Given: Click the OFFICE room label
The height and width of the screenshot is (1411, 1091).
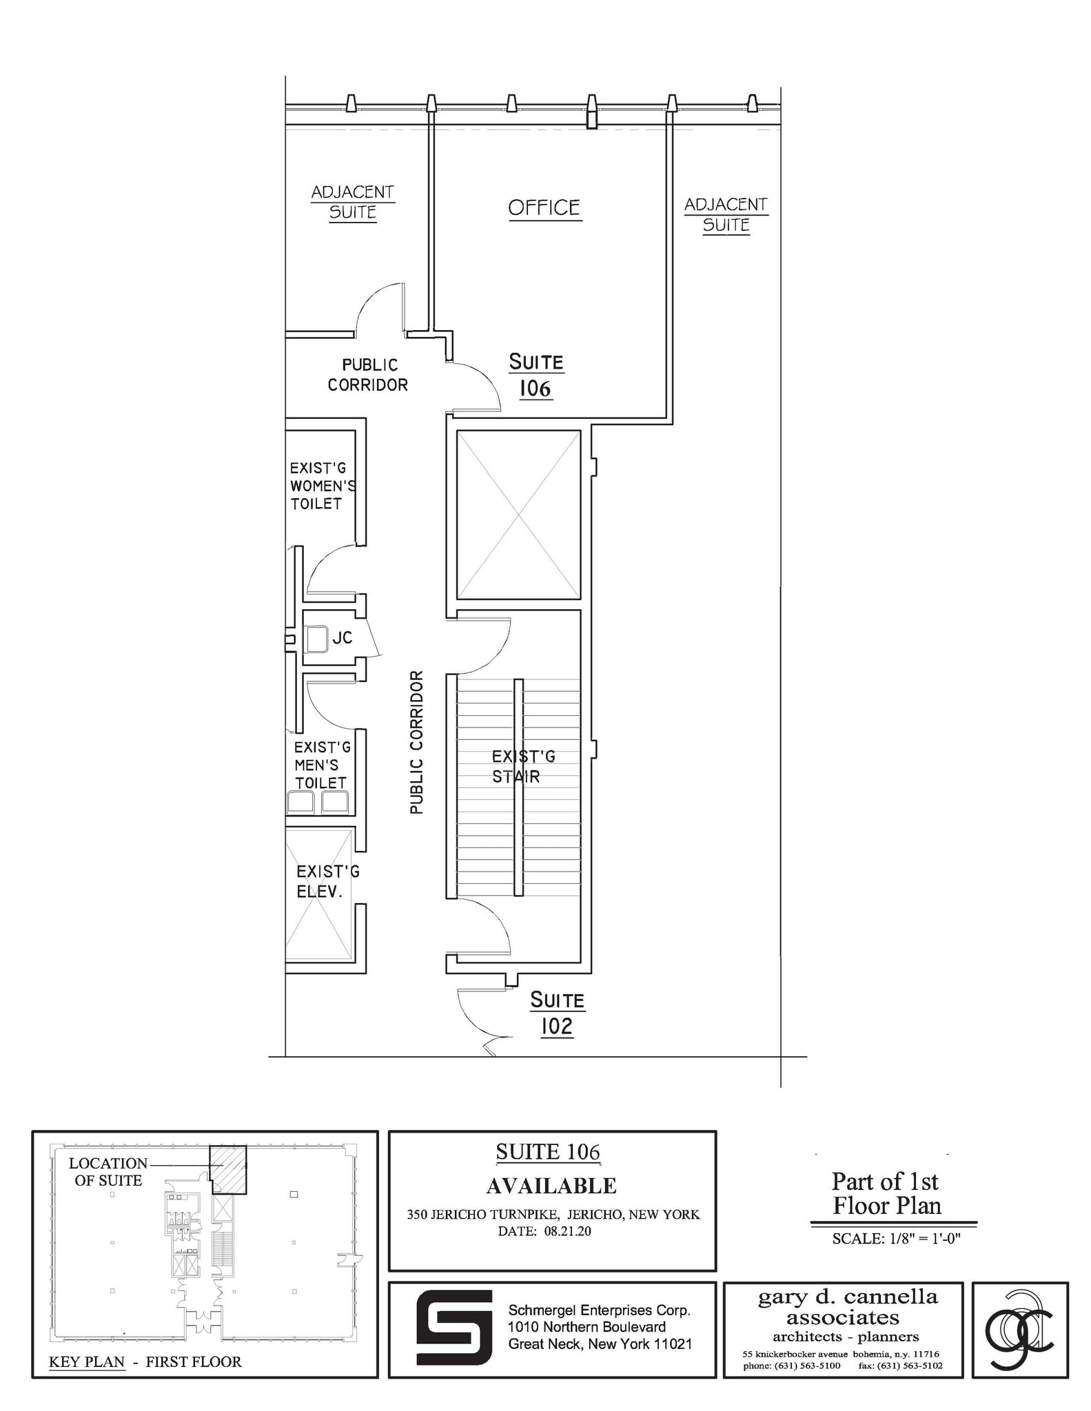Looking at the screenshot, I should [544, 208].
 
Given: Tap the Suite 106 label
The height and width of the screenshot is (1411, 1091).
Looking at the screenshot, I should [536, 375].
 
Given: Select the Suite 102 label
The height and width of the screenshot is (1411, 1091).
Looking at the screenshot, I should [557, 1013].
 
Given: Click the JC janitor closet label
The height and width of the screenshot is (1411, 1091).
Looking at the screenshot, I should [342, 638].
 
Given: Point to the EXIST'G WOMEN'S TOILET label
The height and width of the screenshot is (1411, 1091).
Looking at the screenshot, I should [322, 486].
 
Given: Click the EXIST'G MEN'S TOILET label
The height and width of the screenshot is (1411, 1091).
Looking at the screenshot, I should [320, 765].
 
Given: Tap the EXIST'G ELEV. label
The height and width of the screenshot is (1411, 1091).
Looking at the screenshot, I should [327, 882].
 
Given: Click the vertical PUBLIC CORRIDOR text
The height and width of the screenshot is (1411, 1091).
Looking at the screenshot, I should [416, 742].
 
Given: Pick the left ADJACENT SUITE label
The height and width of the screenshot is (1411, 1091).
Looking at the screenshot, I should [352, 202].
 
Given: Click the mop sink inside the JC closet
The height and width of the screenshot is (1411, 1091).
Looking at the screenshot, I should [316, 639].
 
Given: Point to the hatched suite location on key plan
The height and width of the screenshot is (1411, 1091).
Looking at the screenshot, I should [228, 1168].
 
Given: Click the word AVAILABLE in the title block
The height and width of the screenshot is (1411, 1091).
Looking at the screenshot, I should [551, 1186].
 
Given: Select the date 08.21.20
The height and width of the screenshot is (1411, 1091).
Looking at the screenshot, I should [567, 1230].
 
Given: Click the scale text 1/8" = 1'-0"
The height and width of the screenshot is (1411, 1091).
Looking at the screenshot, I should [896, 1238].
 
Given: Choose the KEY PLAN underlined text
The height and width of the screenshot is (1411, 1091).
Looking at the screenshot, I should [87, 1361].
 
